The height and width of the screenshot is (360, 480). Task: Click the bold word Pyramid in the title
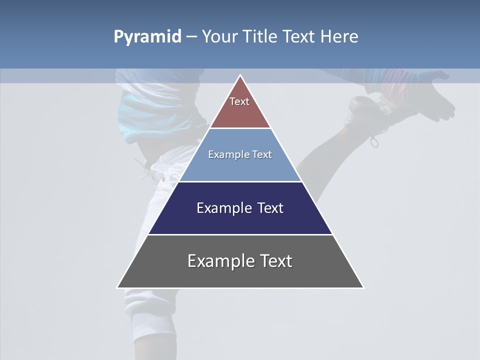tap(147, 37)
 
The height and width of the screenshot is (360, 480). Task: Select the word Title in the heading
tap(261, 36)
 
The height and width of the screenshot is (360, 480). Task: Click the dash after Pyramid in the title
tap(191, 37)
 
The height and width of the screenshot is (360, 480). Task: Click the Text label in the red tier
tap(239, 101)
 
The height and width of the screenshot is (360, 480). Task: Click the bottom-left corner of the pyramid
tap(117, 287)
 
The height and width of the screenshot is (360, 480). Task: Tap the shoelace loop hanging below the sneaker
tap(374, 142)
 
